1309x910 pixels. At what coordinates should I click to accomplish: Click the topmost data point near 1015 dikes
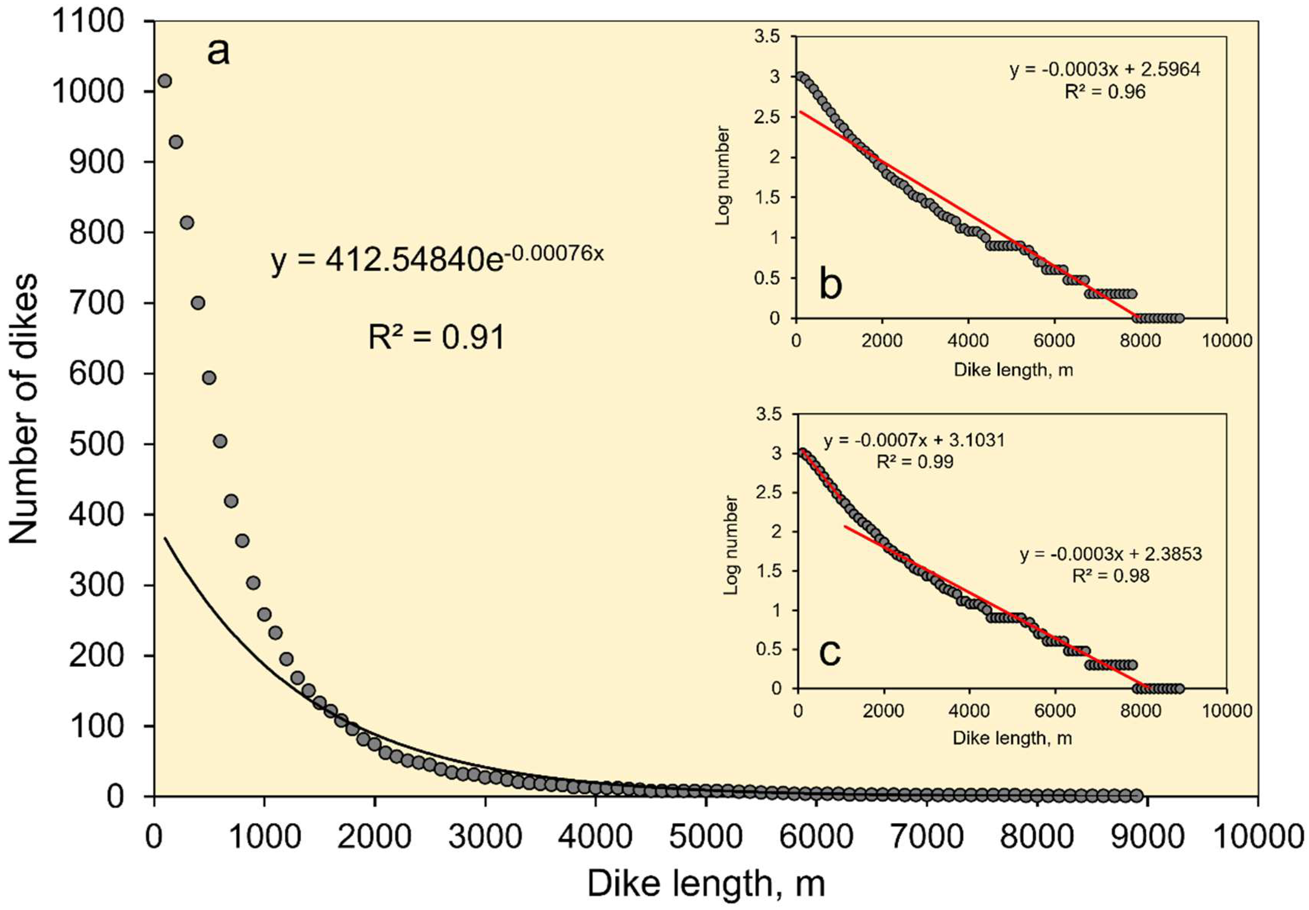[165, 81]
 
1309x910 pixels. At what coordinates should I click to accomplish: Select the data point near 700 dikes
[198, 303]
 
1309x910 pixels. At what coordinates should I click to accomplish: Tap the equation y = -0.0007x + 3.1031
[914, 440]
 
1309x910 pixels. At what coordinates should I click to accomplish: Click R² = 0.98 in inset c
[1111, 576]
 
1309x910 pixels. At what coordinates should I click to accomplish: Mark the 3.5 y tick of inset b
[767, 37]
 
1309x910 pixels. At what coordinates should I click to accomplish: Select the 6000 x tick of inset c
[1055, 711]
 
